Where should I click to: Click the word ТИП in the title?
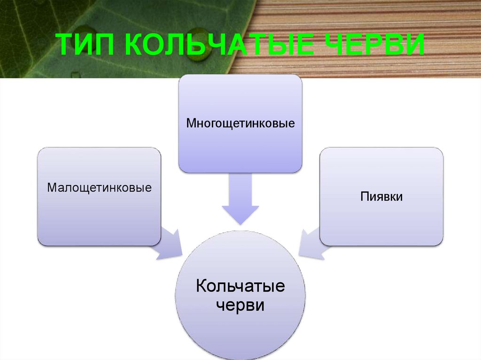pos(87,46)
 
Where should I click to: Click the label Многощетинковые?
pos(240,124)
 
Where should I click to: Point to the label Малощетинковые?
pos(99,188)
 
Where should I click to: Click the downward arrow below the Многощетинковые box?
pos(240,199)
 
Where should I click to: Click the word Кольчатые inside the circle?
pos(240,286)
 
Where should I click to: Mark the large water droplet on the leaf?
pos(202,51)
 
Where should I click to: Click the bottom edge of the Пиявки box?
pos(381,245)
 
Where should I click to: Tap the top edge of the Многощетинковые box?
pos(240,75)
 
